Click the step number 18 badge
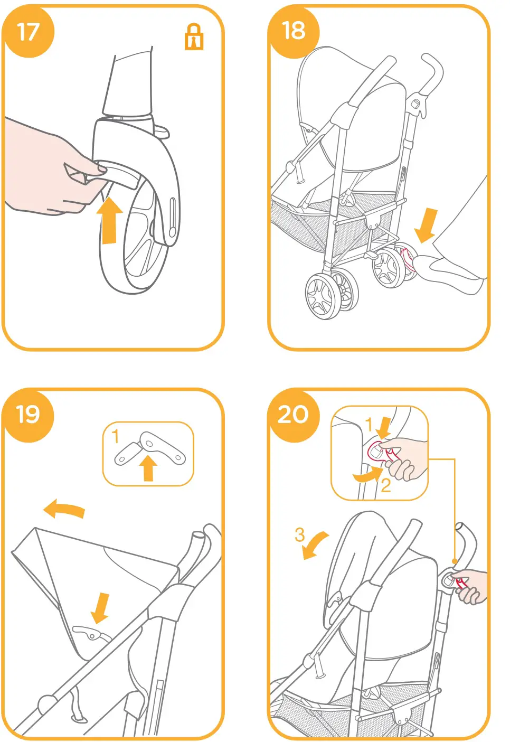point(294,31)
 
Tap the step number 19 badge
point(28,415)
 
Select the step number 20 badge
point(294,415)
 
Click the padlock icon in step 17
point(194,37)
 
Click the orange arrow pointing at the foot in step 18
point(427,224)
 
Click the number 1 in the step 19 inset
point(116,436)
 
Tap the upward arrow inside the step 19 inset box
point(148,468)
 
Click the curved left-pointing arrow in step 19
point(64,510)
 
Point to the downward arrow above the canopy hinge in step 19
point(100,607)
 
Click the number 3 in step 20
point(299,534)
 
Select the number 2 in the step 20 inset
point(385,485)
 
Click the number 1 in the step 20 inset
point(370,424)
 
